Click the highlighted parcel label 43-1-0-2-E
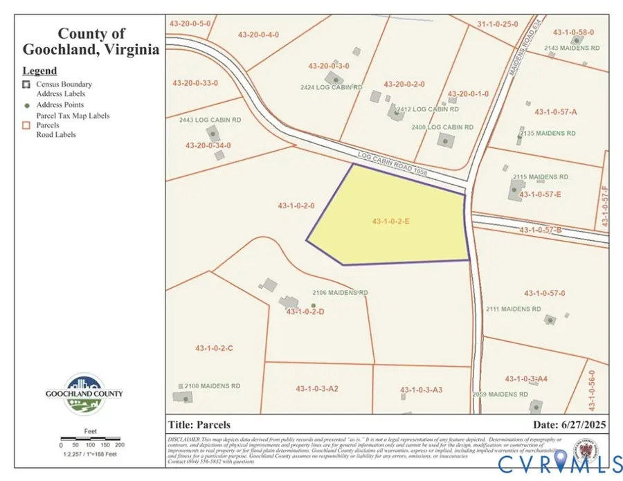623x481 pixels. click(391, 222)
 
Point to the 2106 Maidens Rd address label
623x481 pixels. click(340, 293)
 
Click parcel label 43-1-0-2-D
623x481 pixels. click(305, 312)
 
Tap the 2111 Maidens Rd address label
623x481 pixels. click(513, 309)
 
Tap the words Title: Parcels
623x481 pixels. click(199, 424)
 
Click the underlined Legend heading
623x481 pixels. click(39, 71)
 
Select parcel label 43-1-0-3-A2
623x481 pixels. click(317, 389)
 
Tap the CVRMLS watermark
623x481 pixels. click(561, 462)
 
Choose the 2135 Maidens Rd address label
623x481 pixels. click(548, 133)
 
